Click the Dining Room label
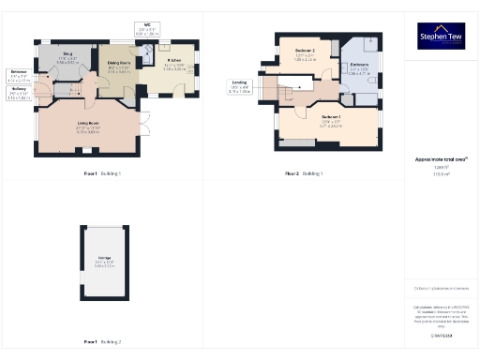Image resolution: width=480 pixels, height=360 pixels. [119, 67]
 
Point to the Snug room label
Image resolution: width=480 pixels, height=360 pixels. [67, 58]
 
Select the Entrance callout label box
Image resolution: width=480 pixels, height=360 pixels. [18, 76]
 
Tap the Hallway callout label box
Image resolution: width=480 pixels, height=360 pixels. [18, 95]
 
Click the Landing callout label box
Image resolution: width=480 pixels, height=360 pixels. [241, 86]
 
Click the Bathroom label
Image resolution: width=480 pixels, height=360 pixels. [360, 67]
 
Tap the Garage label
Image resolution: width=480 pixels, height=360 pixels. [103, 263]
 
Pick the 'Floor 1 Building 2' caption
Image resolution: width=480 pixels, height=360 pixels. [102, 341]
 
